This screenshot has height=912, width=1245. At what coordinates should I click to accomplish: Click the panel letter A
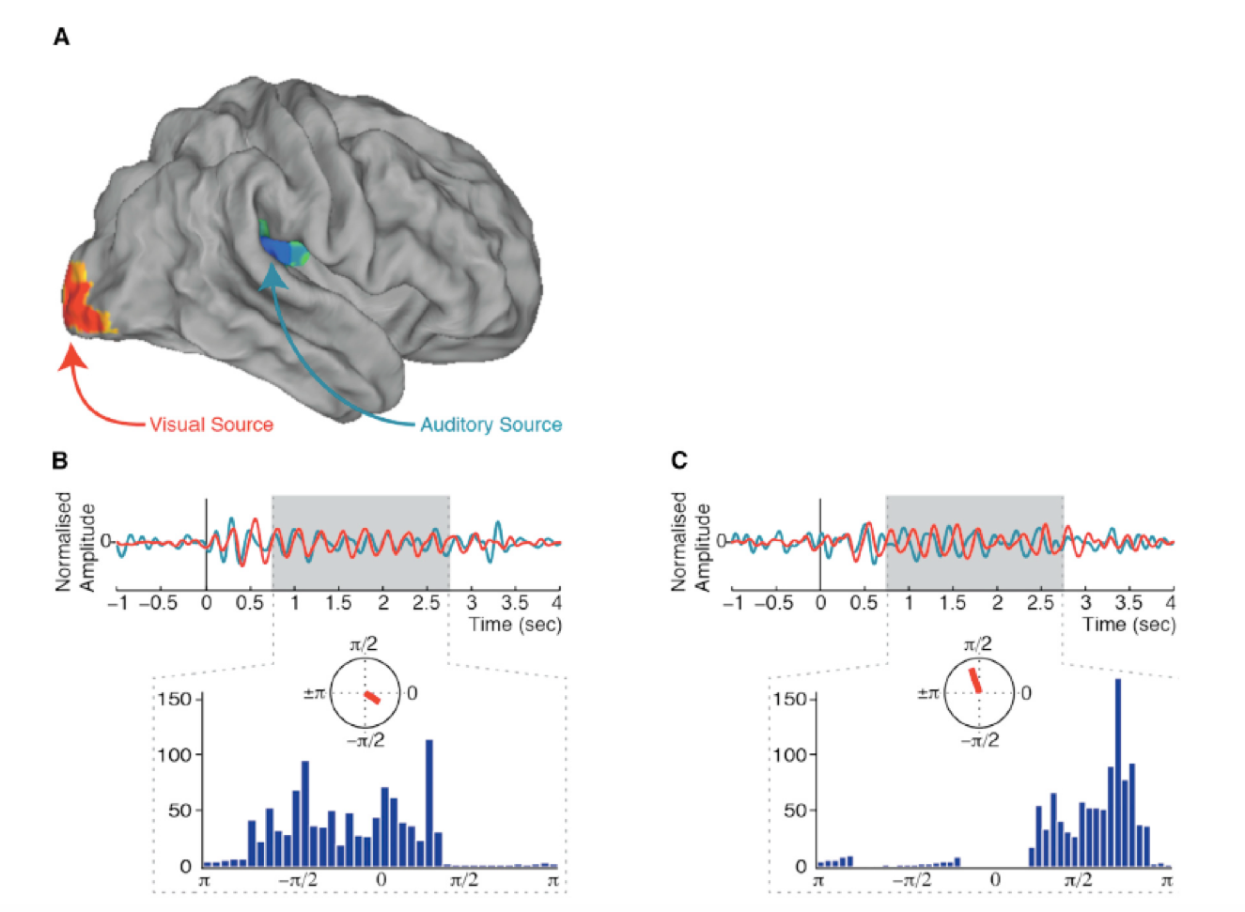[x=62, y=38]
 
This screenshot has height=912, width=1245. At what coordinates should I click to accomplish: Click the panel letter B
[x=60, y=460]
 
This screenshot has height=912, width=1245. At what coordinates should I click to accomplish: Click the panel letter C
[x=679, y=460]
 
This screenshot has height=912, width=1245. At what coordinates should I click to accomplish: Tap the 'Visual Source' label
[x=210, y=425]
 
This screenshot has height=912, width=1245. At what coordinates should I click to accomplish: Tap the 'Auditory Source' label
[x=490, y=425]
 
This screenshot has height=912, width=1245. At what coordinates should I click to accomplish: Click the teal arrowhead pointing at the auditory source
[x=272, y=275]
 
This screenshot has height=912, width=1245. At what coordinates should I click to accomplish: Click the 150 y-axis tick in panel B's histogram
[x=174, y=699]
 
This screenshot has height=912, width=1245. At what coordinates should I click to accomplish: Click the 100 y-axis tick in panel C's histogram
[x=789, y=754]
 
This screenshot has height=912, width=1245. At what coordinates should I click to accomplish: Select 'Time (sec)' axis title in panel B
[x=515, y=625]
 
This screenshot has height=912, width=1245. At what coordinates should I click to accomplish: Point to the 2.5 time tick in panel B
[x=427, y=603]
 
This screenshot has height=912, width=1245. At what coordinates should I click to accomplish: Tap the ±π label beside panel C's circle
[x=927, y=693]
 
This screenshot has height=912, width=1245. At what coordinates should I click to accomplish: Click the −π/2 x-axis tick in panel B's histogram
[x=298, y=880]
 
